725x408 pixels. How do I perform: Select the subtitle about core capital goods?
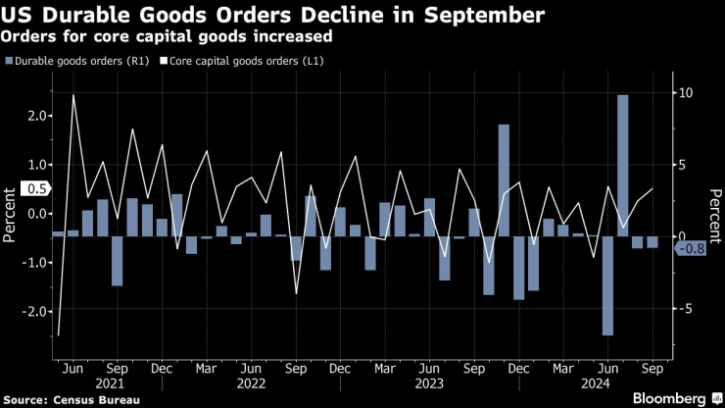click(166, 36)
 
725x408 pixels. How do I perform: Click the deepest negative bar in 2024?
click(607, 285)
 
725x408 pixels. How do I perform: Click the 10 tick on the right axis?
click(687, 93)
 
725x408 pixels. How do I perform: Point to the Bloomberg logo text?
click(665, 398)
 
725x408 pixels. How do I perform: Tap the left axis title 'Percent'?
click(10, 214)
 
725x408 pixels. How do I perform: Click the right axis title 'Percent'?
click(716, 214)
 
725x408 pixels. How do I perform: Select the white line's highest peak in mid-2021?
click(73, 96)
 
